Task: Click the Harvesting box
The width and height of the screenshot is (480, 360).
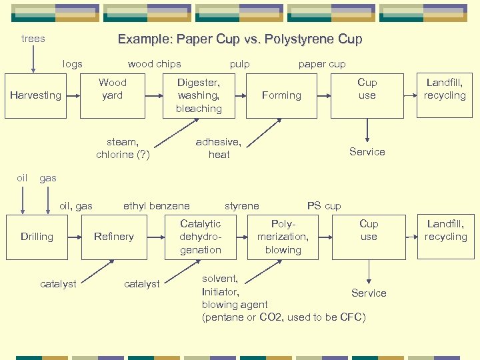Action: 35,95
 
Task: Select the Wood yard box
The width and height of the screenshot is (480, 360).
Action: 112,95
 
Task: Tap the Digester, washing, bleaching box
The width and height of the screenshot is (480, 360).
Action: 199,95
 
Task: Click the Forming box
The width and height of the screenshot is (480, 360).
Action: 281,95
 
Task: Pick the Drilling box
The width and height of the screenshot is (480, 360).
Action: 37,237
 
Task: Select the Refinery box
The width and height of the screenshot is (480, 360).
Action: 114,237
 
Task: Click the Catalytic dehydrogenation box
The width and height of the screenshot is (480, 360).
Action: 200,237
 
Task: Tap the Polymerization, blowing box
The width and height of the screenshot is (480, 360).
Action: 283,237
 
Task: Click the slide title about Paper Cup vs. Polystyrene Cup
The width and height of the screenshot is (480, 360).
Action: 240,39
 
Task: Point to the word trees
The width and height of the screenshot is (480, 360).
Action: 33,39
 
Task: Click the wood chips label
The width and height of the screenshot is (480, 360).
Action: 154,64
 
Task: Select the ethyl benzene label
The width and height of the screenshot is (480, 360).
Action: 156,206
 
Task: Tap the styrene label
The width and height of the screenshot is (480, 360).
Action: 241,206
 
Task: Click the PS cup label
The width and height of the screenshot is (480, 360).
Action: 323,206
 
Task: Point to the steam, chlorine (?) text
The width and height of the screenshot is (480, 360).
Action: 123,149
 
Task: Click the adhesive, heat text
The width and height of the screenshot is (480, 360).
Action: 219,149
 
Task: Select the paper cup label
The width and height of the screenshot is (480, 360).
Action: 322,64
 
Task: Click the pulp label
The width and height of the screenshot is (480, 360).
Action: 240,64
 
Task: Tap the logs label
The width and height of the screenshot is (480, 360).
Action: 72,64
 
